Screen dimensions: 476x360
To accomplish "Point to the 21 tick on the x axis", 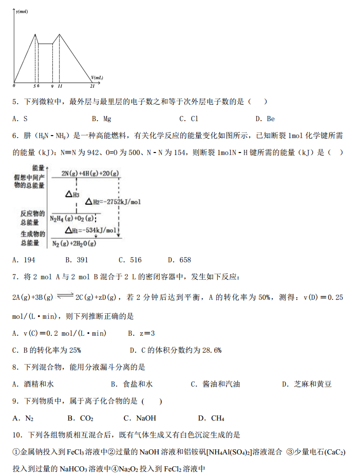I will [92, 86].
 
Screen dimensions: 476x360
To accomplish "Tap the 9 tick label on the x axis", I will [52, 86].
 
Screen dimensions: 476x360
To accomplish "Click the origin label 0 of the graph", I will [14, 86].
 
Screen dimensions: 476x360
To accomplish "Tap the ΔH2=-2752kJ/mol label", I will [113, 202].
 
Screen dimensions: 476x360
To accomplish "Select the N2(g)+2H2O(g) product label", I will [77, 243].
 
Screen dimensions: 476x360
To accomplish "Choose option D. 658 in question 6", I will [179, 260].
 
